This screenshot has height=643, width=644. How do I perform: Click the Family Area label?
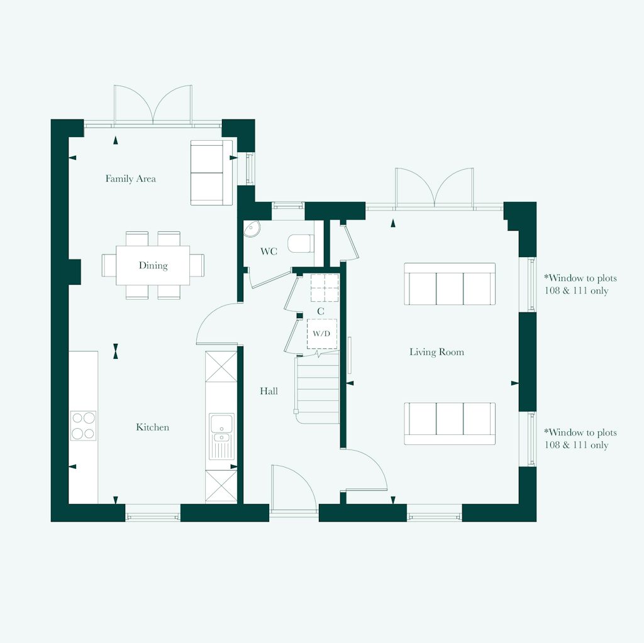point(130,179)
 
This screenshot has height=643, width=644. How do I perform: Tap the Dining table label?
point(153,265)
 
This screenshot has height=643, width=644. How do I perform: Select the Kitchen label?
point(153,427)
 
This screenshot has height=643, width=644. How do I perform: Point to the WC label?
point(269,252)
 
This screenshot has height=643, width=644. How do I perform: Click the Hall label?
point(269,391)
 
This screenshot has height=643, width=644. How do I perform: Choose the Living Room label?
point(436,352)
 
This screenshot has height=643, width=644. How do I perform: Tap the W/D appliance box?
point(321,334)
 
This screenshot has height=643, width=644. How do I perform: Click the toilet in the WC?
point(301,243)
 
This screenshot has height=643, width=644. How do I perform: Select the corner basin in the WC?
point(252,228)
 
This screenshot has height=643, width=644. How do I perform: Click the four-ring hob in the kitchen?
point(83,425)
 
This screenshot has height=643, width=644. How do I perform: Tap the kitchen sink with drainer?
point(221,436)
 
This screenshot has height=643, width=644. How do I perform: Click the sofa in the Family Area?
point(211,172)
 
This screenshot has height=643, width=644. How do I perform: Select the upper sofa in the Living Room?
point(450,284)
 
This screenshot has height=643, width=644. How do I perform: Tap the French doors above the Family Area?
point(153,104)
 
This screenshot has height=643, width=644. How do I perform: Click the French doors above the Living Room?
point(434,187)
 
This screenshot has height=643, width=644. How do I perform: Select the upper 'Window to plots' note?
point(580,284)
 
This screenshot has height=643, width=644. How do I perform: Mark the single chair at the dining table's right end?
point(197,265)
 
